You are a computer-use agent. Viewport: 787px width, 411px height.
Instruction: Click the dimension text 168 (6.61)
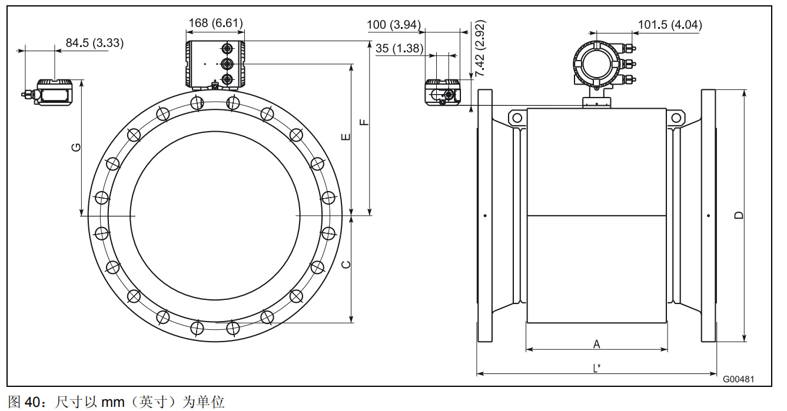click(x=215, y=23)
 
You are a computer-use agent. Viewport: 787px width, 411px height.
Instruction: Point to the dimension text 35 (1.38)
click(x=399, y=48)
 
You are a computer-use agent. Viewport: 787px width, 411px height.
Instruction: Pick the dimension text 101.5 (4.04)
click(x=670, y=25)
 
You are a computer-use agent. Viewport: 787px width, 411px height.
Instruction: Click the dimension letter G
click(x=76, y=147)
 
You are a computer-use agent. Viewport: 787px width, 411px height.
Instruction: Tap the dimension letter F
click(x=364, y=123)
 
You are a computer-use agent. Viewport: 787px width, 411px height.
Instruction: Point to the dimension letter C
click(x=346, y=265)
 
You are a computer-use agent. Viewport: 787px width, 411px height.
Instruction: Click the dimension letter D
click(x=739, y=215)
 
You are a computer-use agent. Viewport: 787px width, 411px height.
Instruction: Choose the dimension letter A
click(x=596, y=343)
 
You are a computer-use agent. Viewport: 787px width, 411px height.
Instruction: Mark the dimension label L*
click(x=596, y=368)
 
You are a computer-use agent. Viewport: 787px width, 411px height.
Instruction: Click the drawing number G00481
click(x=738, y=379)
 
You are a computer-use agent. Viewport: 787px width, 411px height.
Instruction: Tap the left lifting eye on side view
click(x=517, y=118)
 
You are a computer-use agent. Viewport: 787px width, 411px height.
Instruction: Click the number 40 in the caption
click(x=32, y=402)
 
